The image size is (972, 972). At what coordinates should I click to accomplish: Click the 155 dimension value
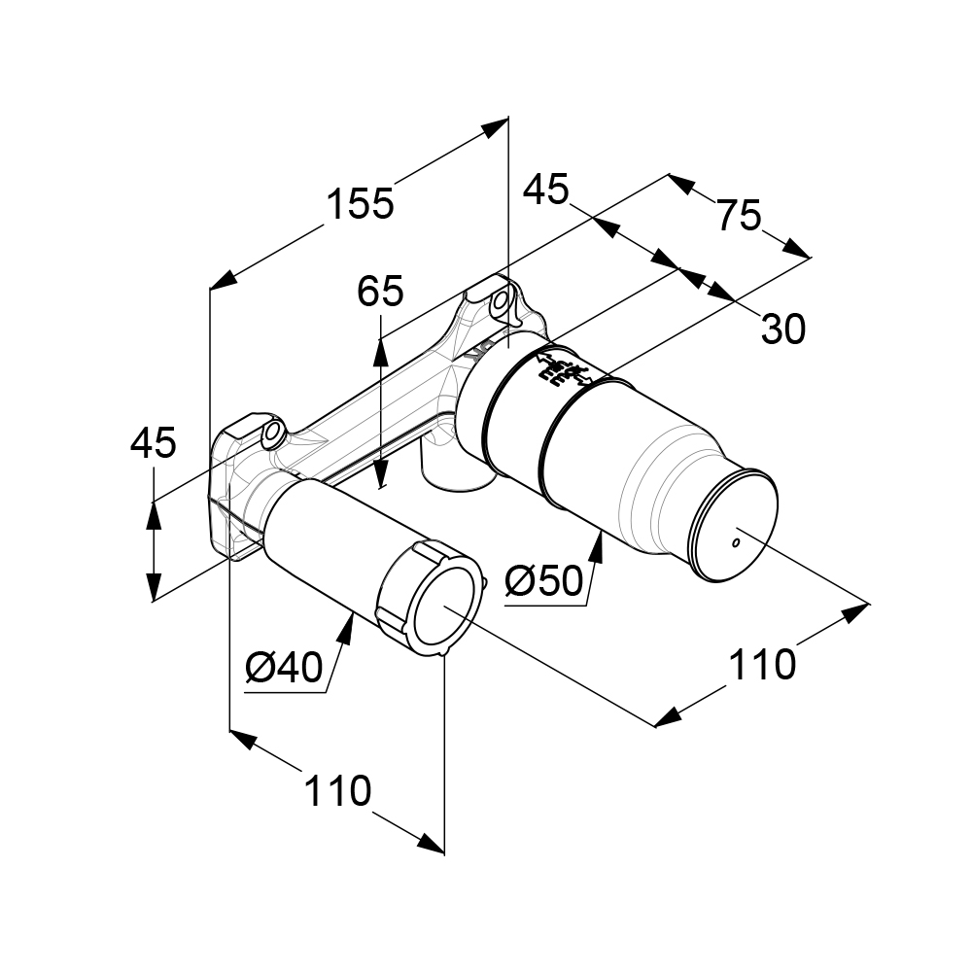tap(360, 204)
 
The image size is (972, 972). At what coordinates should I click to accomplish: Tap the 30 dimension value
tap(782, 330)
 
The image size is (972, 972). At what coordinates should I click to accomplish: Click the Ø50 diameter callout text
tap(544, 581)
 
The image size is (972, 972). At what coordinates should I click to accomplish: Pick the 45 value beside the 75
tap(545, 190)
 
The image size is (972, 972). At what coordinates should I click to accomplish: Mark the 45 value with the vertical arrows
tap(154, 442)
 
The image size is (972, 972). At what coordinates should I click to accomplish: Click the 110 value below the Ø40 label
tap(338, 791)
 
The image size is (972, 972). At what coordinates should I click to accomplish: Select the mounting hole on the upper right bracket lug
tap(502, 300)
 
